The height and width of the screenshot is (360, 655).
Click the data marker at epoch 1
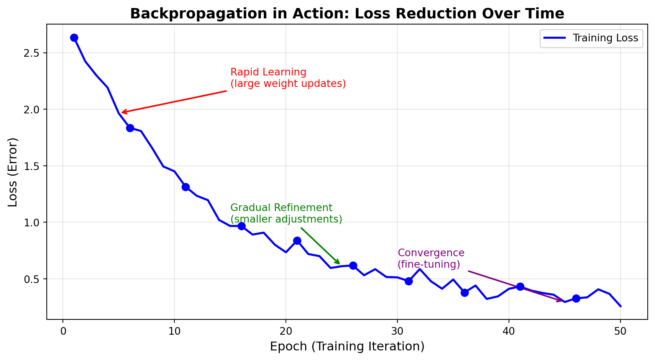click(x=74, y=38)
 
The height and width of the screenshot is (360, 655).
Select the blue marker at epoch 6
click(x=130, y=128)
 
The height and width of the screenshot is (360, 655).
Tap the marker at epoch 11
click(x=186, y=187)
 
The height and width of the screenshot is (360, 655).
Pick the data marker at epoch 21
click(x=297, y=241)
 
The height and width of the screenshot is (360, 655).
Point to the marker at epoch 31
click(x=409, y=281)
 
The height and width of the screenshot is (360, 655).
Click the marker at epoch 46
click(x=576, y=298)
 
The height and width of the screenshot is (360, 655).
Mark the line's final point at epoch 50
click(x=621, y=306)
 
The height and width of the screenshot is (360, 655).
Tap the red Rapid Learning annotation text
click(x=288, y=78)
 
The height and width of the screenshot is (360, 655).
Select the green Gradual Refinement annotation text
click(x=286, y=213)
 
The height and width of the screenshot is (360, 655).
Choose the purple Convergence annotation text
click(x=431, y=259)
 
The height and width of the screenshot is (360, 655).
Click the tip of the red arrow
click(x=122, y=113)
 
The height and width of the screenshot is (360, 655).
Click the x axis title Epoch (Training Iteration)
click(x=347, y=347)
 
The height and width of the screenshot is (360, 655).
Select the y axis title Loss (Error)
click(x=13, y=172)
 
